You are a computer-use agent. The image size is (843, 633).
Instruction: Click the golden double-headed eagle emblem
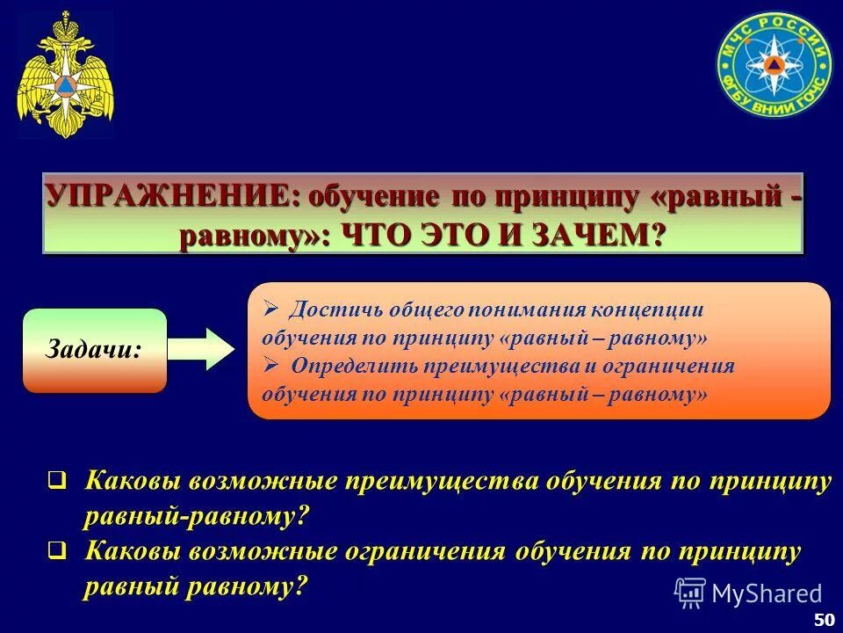point(65,76)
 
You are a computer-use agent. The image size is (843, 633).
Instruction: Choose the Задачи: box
point(95,350)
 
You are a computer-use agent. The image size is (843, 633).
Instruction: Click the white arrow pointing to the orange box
point(201,348)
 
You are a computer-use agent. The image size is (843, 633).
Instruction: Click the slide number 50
point(824,619)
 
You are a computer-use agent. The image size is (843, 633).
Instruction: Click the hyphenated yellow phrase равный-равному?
point(197,516)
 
